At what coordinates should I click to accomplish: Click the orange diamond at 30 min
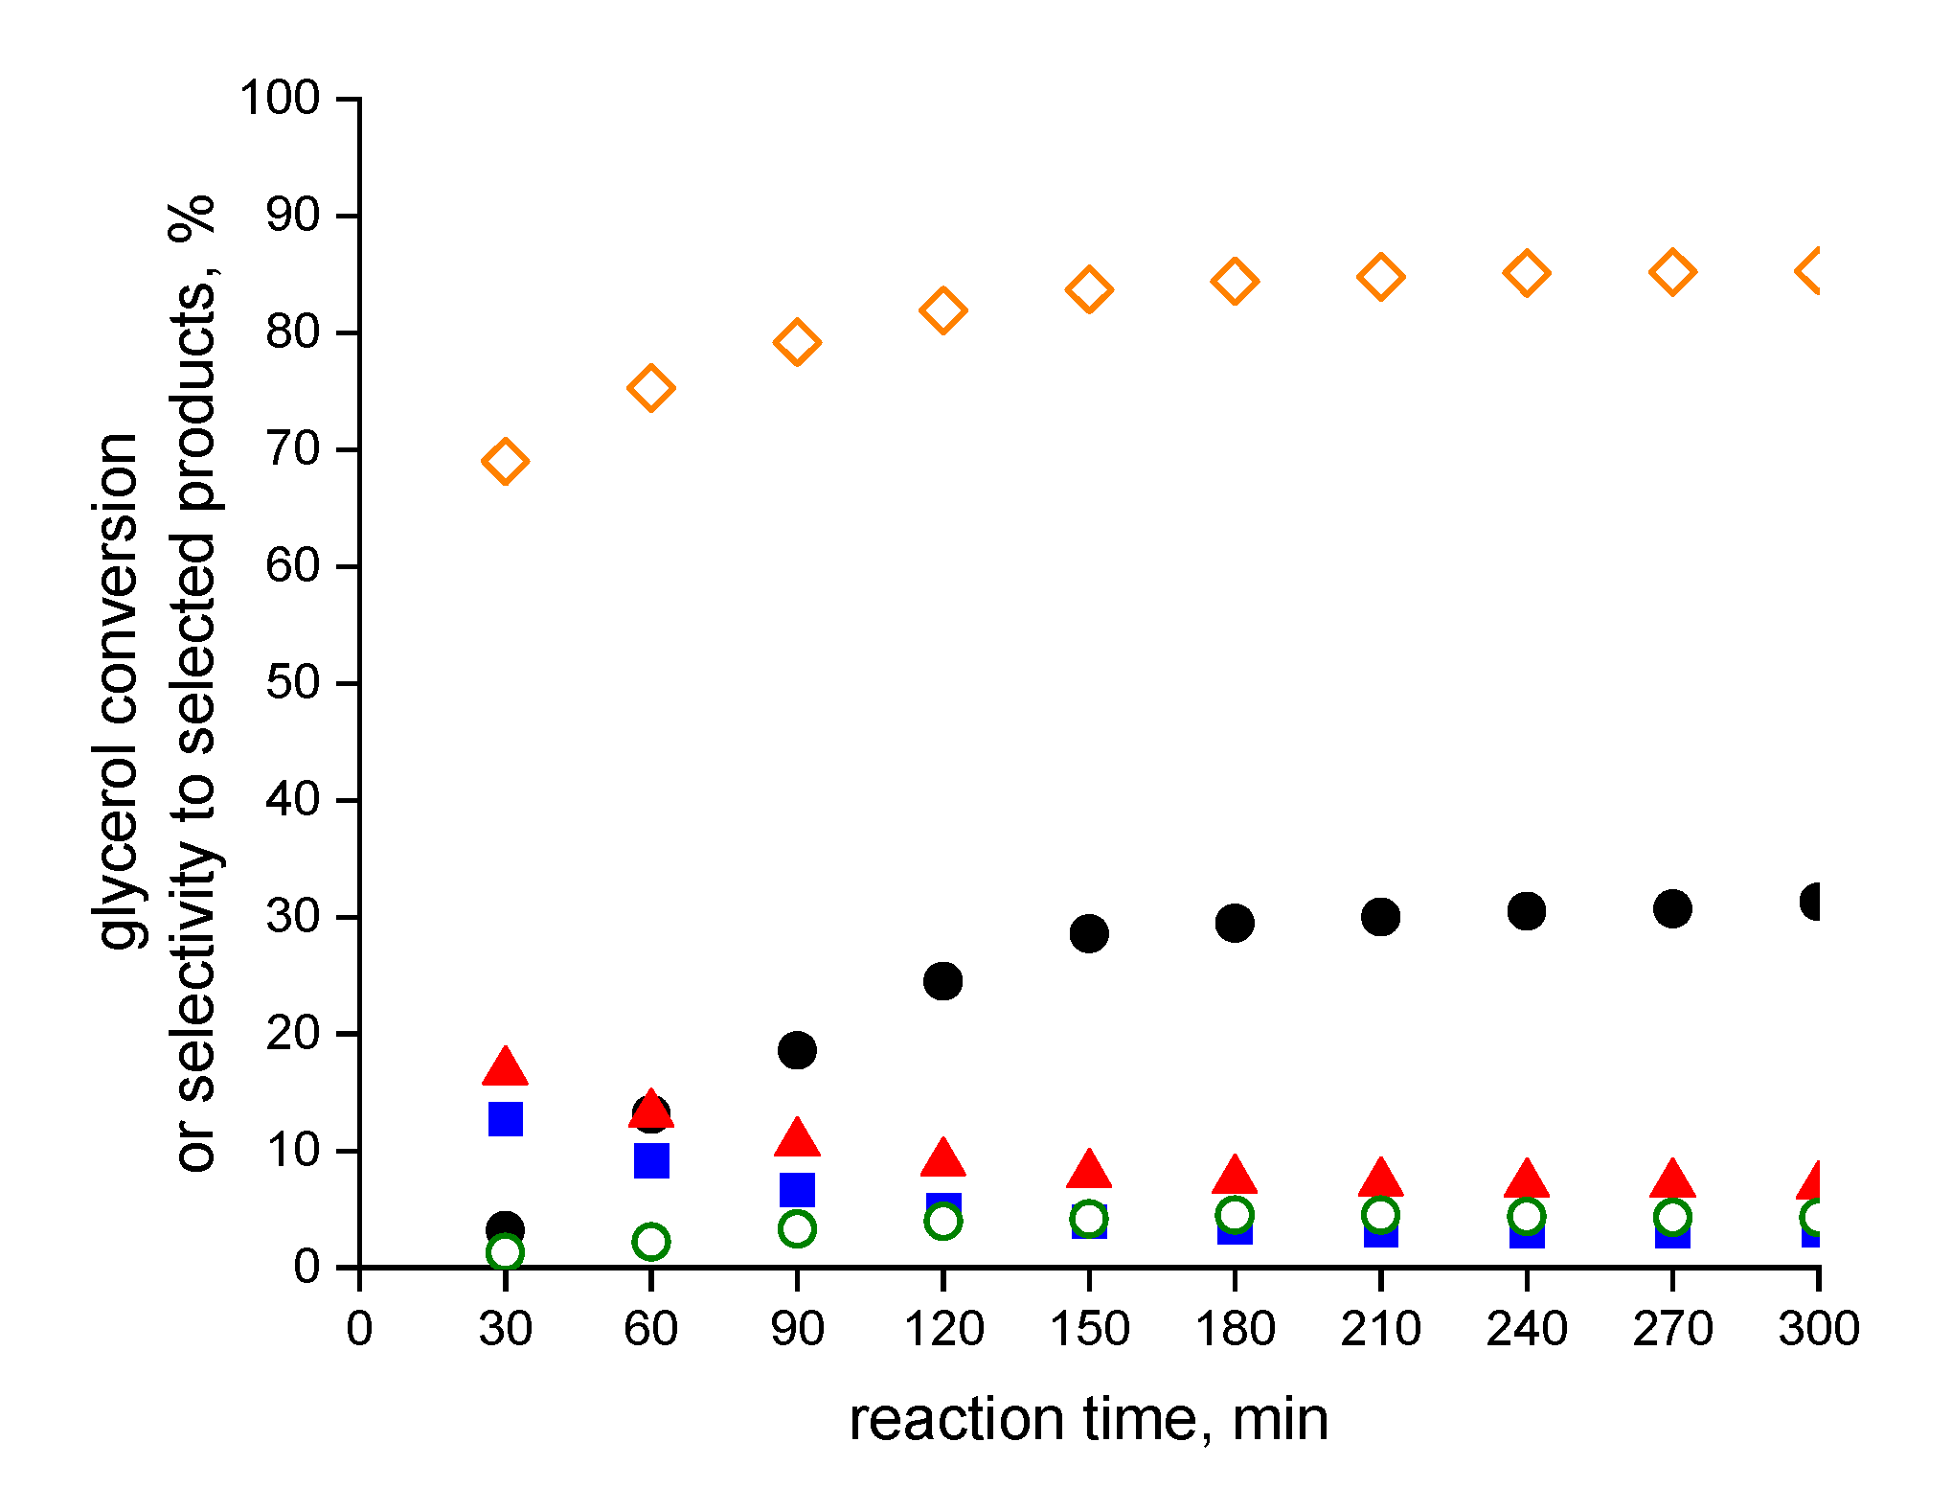pos(505,461)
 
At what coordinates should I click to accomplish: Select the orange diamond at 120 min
pos(942,309)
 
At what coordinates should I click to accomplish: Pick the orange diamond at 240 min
pos(1527,273)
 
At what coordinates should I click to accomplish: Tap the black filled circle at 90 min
pos(797,1050)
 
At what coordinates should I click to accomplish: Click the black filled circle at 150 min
pos(1089,932)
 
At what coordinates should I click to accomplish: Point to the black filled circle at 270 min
pos(1672,908)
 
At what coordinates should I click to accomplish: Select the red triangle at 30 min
pos(505,1067)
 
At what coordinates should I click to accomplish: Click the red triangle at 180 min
pos(1235,1176)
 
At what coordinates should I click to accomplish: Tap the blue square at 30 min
pos(505,1118)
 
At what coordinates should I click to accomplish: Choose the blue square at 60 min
pos(651,1160)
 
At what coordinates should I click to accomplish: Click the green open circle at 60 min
pos(651,1242)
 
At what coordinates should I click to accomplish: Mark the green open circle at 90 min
pos(797,1228)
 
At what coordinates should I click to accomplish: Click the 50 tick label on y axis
pos(292,683)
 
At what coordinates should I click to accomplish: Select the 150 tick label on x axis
pos(1089,1329)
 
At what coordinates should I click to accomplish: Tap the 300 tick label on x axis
pos(1818,1329)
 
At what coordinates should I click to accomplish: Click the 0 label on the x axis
pos(359,1329)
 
